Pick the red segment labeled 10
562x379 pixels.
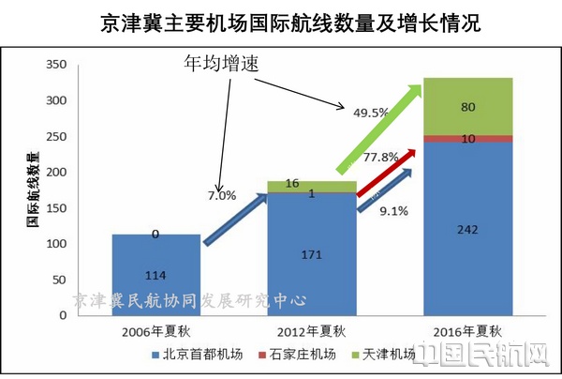[467, 139]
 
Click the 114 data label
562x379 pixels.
[155, 275]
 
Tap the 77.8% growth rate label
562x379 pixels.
[384, 157]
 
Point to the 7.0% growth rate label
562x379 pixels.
[222, 196]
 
